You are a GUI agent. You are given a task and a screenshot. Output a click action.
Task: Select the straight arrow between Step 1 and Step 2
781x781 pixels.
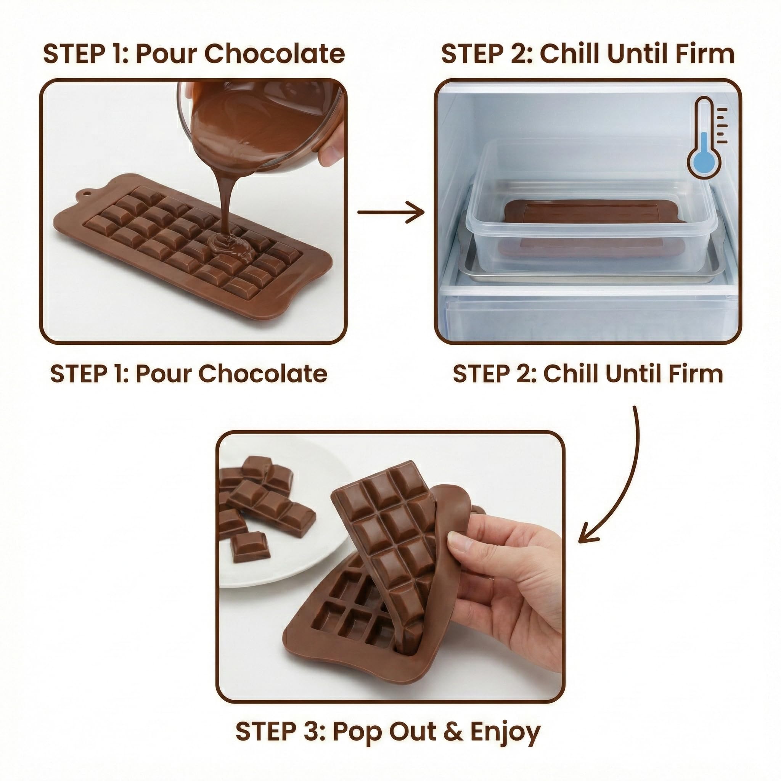coord(391,212)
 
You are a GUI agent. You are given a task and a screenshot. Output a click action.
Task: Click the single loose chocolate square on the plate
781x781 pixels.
coord(250,547)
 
